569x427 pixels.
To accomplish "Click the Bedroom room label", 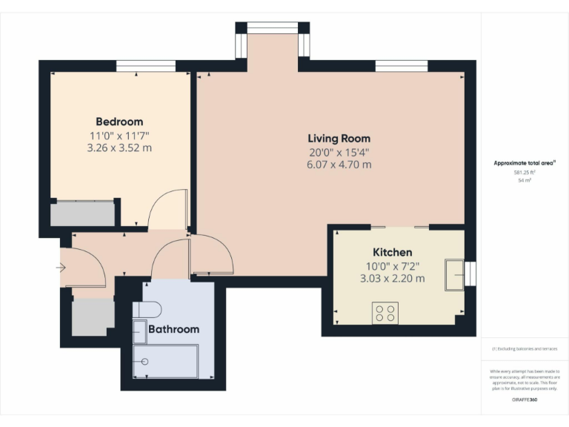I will (119, 122).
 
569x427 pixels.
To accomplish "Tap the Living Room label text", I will (339, 139).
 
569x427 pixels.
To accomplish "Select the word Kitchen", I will (393, 252).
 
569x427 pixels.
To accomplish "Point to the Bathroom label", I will (174, 329).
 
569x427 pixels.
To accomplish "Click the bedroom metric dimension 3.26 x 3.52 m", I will (119, 148).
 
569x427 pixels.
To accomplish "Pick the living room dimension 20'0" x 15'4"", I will (339, 152).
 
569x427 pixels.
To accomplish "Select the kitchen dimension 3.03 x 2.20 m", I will (393, 279).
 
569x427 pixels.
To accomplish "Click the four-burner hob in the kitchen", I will (385, 313).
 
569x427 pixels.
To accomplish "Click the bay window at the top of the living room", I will (272, 28).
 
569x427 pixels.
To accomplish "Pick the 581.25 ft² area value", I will (524, 172).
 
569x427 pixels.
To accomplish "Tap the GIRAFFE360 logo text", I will (524, 400).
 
